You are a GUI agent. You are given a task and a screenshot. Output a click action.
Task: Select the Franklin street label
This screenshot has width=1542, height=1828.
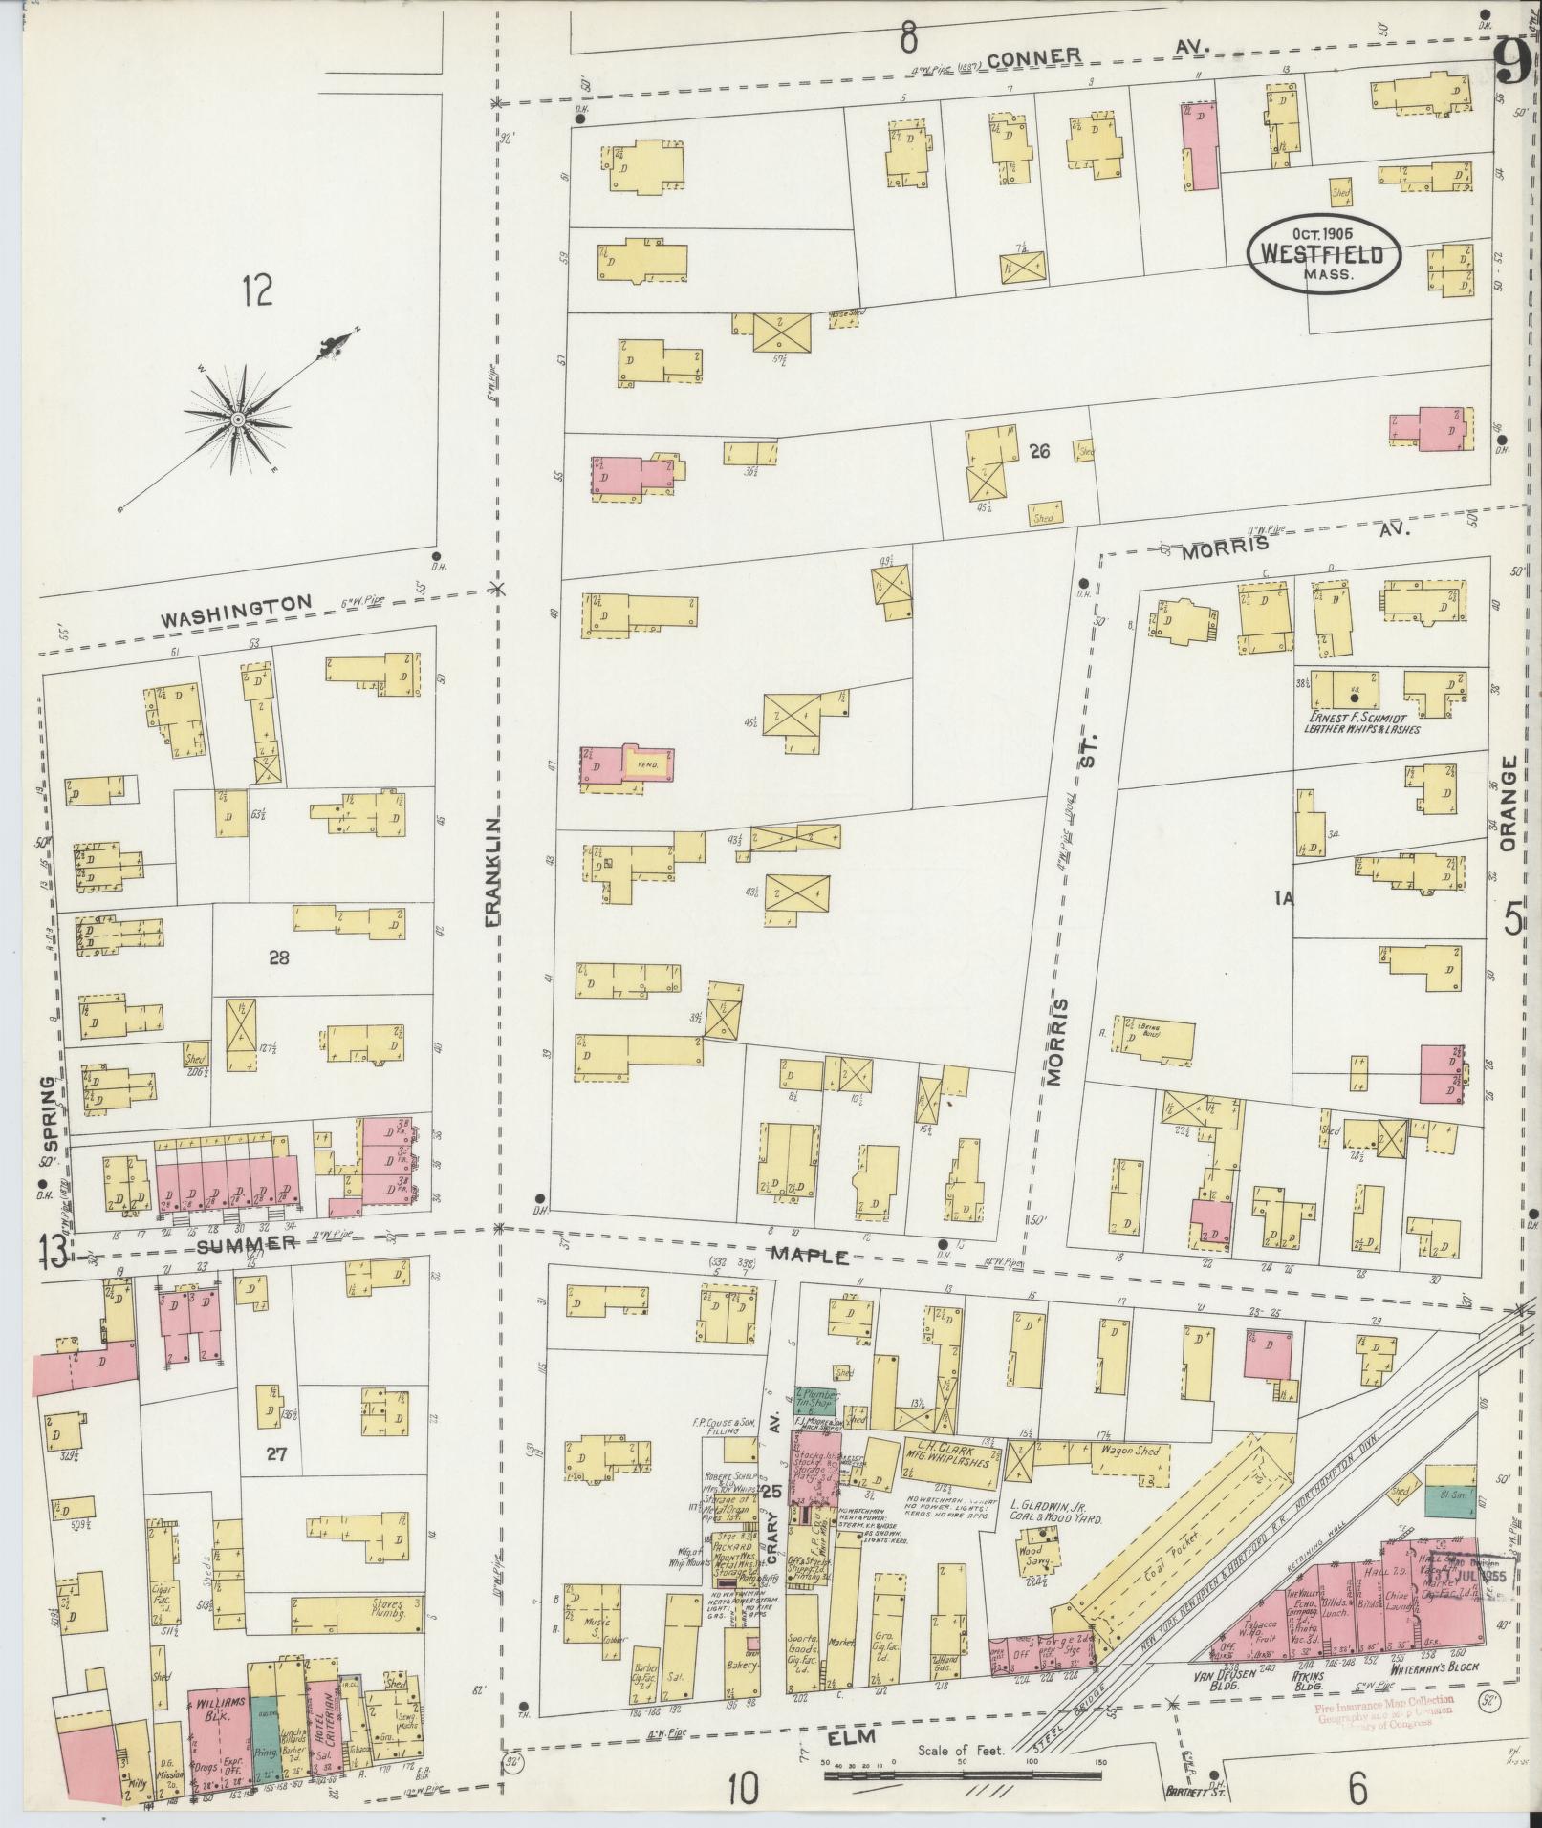point(493,871)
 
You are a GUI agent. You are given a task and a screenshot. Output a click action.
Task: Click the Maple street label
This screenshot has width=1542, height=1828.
point(810,1254)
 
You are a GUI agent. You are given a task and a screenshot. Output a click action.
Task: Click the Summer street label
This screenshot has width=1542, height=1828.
point(248,1243)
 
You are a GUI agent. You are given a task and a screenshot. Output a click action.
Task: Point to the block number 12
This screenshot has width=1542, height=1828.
point(256,289)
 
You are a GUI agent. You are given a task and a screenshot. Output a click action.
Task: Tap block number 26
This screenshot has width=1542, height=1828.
point(1039,451)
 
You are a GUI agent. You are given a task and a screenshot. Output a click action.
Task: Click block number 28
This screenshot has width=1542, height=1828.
point(278,957)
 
